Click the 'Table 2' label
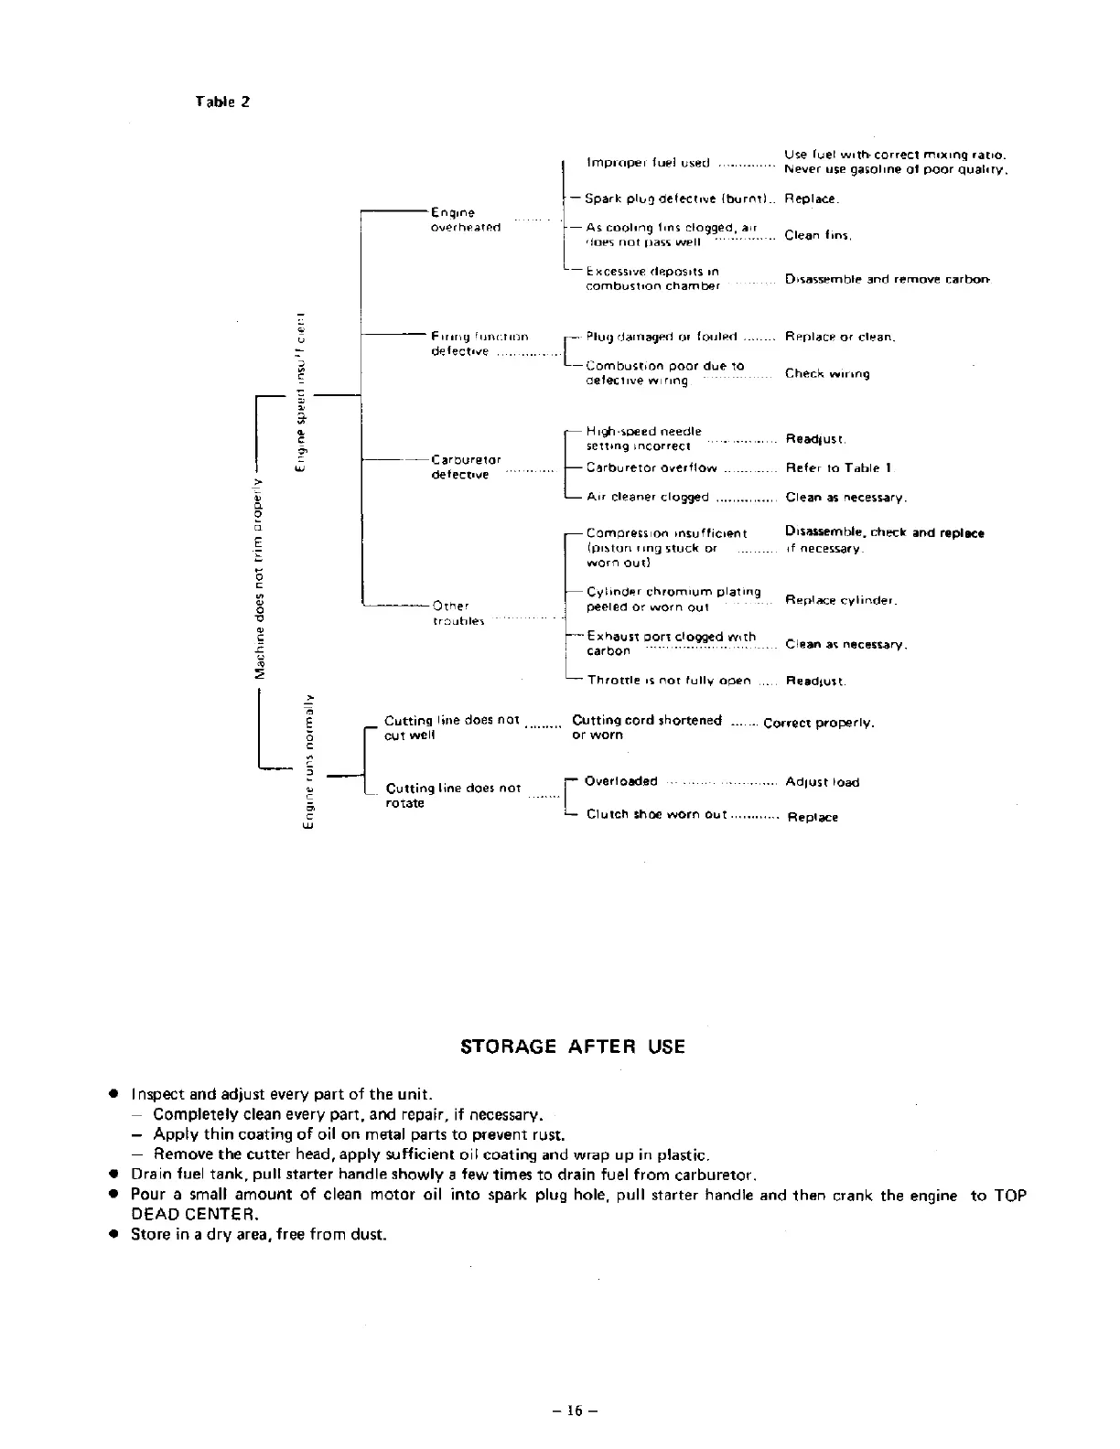(222, 102)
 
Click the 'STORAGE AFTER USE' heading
(572, 1046)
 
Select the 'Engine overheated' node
(465, 220)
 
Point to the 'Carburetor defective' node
(466, 467)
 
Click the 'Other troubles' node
(452, 613)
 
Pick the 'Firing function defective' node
(479, 344)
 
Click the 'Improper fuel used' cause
(647, 163)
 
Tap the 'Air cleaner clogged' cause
(648, 498)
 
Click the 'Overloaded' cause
(620, 781)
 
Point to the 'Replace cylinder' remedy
(841, 601)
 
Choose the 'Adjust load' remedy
(822, 782)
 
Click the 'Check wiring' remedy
(827, 373)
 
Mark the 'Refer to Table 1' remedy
(839, 467)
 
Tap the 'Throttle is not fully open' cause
(669, 681)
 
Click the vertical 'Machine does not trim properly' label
(262, 576)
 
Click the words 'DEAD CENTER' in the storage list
(192, 1215)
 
